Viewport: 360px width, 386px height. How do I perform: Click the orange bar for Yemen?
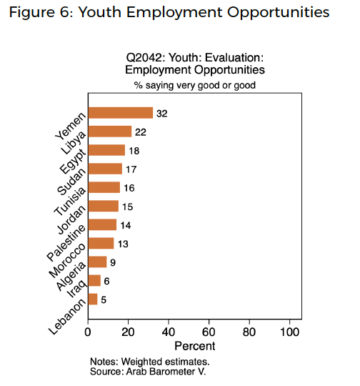[x=121, y=113]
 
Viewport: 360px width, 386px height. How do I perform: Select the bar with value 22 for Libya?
[x=110, y=132]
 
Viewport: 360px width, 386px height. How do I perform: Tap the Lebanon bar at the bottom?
[x=93, y=299]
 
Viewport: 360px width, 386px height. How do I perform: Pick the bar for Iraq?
[x=94, y=280]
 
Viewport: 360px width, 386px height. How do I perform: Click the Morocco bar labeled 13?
[x=101, y=243]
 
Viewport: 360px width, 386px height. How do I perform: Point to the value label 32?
[x=162, y=114]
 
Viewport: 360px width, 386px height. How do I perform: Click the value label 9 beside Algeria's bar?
[x=113, y=262]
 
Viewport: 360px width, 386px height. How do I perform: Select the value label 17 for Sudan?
[x=131, y=169]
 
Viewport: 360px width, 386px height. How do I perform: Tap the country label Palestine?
[x=66, y=243]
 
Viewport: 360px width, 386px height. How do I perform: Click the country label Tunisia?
[x=70, y=201]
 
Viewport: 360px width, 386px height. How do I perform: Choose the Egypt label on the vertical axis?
[x=73, y=162]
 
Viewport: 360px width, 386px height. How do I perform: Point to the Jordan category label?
[x=71, y=219]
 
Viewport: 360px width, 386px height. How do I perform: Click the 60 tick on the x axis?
[x=209, y=332]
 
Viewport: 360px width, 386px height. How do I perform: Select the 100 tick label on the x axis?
[x=289, y=332]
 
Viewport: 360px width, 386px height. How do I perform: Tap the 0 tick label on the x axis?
[x=88, y=332]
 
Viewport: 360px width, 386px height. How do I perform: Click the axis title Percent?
[x=194, y=346]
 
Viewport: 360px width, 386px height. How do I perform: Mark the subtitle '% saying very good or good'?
[x=194, y=85]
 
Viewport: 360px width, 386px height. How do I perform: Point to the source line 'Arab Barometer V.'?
[x=166, y=371]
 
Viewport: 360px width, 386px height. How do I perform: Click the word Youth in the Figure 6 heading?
[x=100, y=12]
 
